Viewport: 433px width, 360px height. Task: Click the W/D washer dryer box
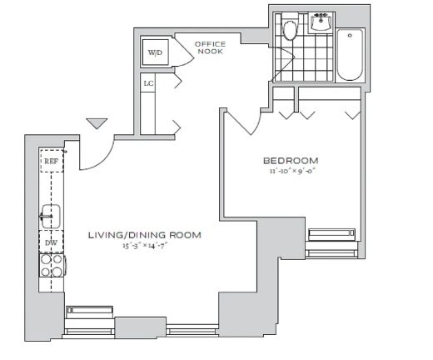(x=155, y=52)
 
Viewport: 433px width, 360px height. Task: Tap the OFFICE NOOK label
(x=210, y=47)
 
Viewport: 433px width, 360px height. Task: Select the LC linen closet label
(x=148, y=83)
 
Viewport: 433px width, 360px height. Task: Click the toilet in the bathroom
(x=290, y=29)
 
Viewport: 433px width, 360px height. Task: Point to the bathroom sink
(x=321, y=22)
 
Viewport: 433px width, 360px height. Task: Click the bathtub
(x=350, y=55)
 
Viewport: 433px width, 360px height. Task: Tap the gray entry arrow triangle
(x=97, y=123)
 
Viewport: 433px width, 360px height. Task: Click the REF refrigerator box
(x=52, y=161)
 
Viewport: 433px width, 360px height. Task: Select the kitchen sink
(x=51, y=217)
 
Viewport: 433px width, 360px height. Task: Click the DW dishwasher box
(x=51, y=242)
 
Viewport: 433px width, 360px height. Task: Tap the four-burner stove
(x=52, y=266)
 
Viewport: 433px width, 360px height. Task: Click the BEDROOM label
(x=291, y=161)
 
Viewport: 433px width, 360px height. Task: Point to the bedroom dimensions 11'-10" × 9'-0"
(x=293, y=171)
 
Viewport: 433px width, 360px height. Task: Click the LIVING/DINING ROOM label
(x=145, y=235)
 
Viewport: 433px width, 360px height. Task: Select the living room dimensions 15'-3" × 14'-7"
(x=145, y=246)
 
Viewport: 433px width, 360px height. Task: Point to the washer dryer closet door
(x=184, y=51)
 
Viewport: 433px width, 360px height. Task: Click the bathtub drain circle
(x=350, y=36)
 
